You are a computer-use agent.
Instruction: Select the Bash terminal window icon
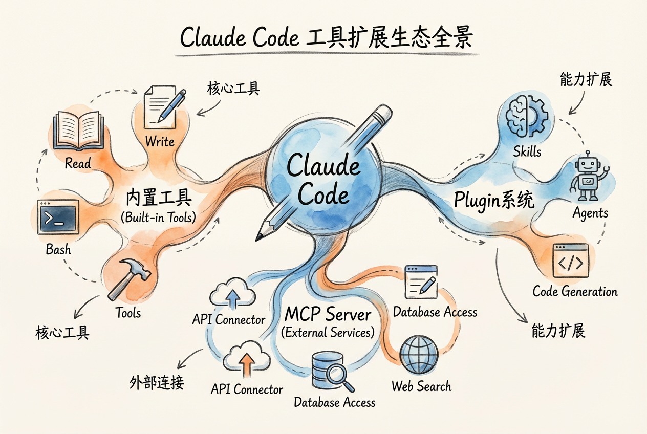click(x=58, y=218)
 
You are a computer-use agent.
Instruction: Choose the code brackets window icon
click(x=570, y=262)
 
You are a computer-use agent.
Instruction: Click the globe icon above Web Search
click(x=419, y=355)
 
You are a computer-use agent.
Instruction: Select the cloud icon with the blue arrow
click(x=232, y=293)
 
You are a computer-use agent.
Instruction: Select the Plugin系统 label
click(x=494, y=200)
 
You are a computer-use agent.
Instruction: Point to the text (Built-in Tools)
click(x=158, y=217)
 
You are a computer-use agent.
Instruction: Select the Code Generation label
click(x=575, y=292)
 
